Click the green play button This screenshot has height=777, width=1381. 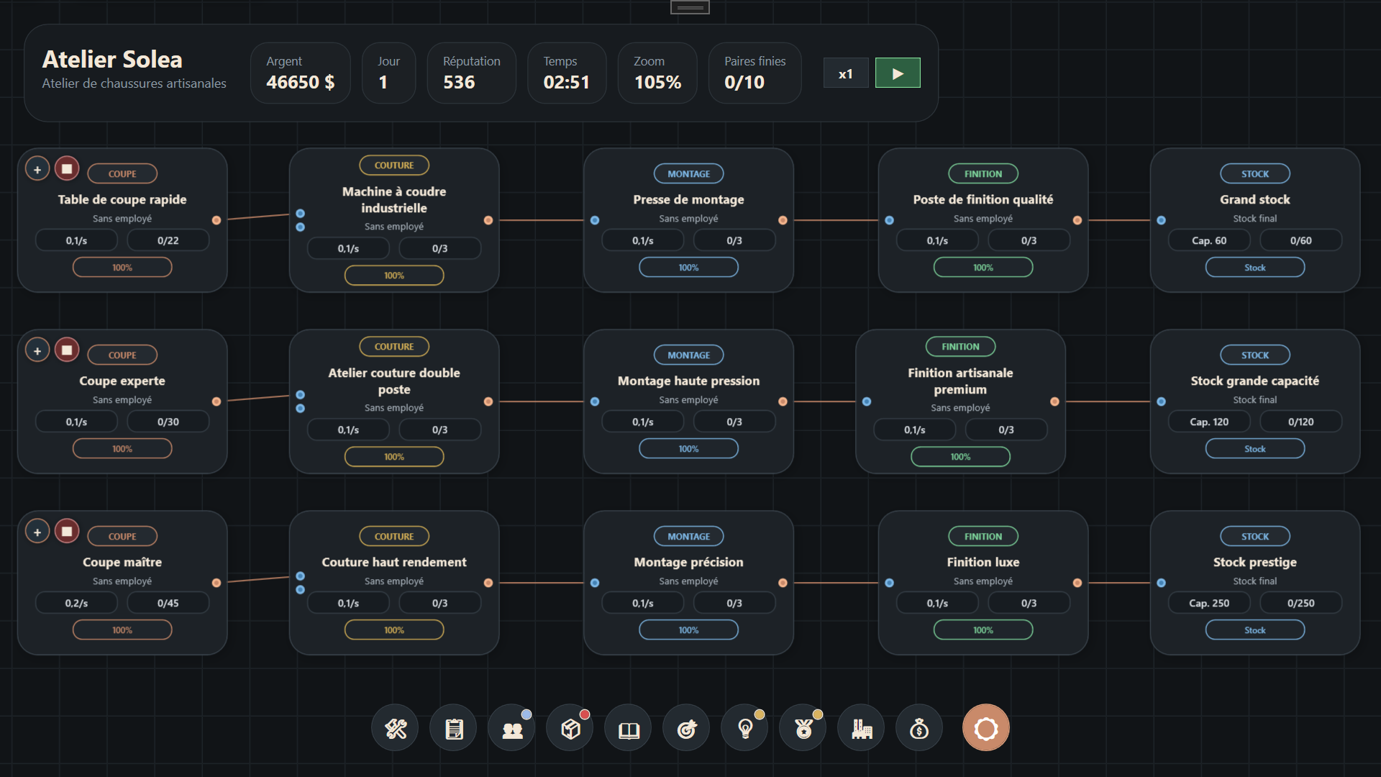(x=898, y=73)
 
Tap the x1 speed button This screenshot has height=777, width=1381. (x=846, y=73)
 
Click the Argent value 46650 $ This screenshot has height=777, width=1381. (x=300, y=82)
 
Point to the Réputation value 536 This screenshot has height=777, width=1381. (x=459, y=82)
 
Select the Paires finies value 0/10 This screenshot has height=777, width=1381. (x=744, y=82)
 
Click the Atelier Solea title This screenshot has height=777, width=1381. (x=112, y=59)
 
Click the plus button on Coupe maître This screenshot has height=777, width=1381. (x=37, y=532)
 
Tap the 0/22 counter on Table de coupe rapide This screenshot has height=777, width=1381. (x=168, y=240)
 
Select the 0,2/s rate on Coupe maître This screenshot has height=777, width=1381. (x=76, y=603)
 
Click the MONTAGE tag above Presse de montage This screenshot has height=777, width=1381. (x=688, y=173)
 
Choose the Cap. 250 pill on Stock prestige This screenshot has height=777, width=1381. (x=1209, y=603)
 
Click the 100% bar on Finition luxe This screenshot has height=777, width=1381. (x=983, y=630)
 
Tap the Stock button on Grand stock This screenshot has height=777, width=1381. (x=1255, y=267)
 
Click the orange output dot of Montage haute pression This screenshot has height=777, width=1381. (x=783, y=401)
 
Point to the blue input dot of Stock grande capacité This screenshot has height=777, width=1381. (x=1161, y=401)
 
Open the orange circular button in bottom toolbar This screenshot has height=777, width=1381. (x=985, y=727)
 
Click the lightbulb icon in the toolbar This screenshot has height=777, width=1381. (x=745, y=729)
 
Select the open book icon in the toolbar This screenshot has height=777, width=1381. (x=629, y=729)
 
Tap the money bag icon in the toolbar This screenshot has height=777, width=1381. (x=919, y=729)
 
